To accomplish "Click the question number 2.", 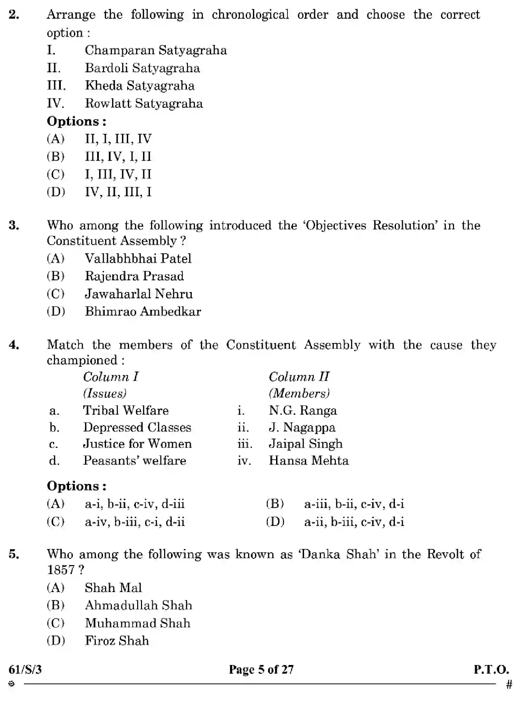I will [13, 15].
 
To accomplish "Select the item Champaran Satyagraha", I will [155, 50].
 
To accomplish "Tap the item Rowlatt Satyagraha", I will [144, 104].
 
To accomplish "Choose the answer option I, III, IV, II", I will [118, 175].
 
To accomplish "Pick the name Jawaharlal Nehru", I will [139, 294].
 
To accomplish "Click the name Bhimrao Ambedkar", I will [143, 311].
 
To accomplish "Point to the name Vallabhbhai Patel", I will [138, 259].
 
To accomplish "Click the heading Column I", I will [111, 377].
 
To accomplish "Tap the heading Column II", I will [299, 377].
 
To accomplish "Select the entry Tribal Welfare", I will [126, 411].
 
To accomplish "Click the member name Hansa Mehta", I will [309, 461].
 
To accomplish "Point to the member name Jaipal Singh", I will [305, 444].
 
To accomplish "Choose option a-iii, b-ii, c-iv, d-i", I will [354, 504].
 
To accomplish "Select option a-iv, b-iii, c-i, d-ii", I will [135, 522].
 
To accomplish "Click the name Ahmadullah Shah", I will [138, 606].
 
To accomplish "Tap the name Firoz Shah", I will [117, 641].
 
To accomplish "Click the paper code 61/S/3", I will [25, 670].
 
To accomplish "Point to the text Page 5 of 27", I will [261, 670].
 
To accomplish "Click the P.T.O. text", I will [491, 670].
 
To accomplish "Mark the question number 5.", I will [13, 554].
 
